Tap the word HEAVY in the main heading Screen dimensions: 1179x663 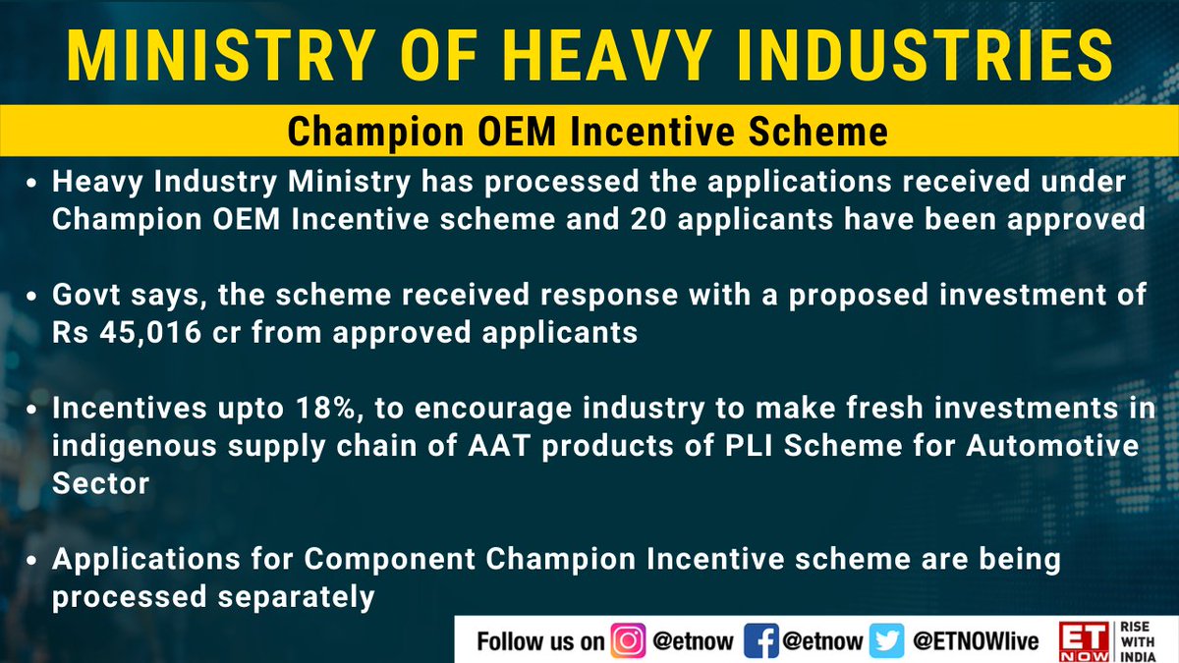click(x=607, y=56)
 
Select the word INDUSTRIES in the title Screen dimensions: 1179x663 click(x=925, y=56)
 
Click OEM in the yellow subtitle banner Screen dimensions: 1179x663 click(x=517, y=131)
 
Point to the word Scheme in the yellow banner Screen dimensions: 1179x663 click(x=818, y=131)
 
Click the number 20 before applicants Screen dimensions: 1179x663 click(x=648, y=219)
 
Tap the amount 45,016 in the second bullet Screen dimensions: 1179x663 click(x=150, y=333)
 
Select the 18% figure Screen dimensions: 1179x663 click(x=329, y=409)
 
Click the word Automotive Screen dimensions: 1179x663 click(x=1052, y=446)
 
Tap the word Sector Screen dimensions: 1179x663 click(x=100, y=483)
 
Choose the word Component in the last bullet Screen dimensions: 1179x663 click(x=389, y=560)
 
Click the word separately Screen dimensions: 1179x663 click(x=296, y=598)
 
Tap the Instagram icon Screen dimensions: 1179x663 click(x=628, y=640)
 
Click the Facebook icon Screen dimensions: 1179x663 click(x=761, y=640)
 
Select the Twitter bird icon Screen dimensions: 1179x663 click(x=887, y=640)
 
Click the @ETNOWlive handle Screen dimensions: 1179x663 click(x=976, y=641)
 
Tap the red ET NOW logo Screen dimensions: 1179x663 click(x=1085, y=641)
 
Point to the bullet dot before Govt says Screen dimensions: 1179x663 click(x=31, y=297)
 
